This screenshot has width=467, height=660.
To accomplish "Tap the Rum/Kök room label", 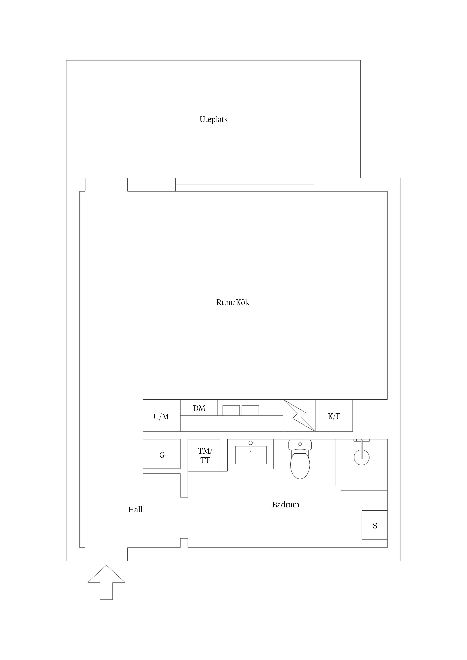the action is click(x=233, y=302).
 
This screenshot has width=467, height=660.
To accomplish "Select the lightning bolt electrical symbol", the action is click(x=299, y=415).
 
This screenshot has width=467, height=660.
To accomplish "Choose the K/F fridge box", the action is click(x=334, y=415).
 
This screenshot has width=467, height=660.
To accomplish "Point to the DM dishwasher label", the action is click(x=199, y=408).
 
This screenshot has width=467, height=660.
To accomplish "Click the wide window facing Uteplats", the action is click(x=245, y=185).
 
